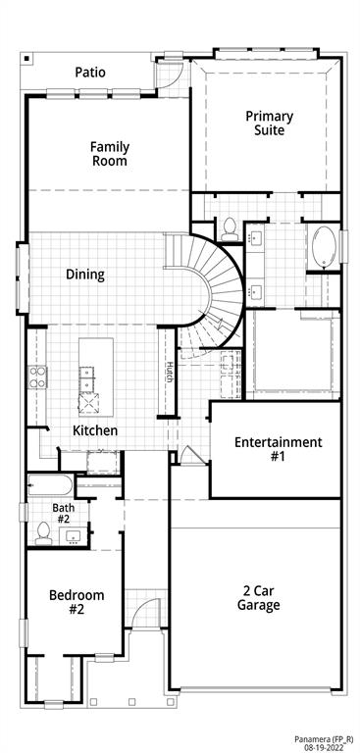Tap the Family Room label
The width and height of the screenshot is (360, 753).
pyautogui.click(x=110, y=154)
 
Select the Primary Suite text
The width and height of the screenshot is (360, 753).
pyautogui.click(x=269, y=123)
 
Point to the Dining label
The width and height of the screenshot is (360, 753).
pyautogui.click(x=85, y=275)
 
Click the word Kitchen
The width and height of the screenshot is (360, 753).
pyautogui.click(x=96, y=430)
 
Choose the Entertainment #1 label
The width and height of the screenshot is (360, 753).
pyautogui.click(x=278, y=449)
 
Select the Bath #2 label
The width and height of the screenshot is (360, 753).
pyautogui.click(x=63, y=513)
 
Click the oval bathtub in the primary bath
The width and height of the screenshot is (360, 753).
pyautogui.click(x=323, y=247)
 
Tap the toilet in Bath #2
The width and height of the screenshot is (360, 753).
pyautogui.click(x=43, y=533)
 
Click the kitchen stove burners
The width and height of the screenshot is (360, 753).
pyautogui.click(x=38, y=376)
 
